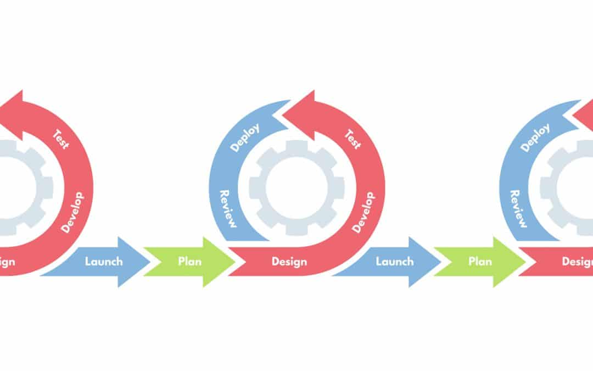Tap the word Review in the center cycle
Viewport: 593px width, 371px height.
[x=228, y=209]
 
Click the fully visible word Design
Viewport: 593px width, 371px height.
[x=289, y=262]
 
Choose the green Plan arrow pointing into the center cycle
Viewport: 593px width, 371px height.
[x=189, y=262]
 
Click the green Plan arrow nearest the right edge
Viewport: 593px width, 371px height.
[x=480, y=262]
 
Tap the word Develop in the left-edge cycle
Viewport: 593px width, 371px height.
[x=72, y=212]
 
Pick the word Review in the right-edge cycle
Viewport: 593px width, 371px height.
[x=519, y=209]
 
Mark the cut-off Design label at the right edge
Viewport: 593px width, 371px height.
[x=577, y=262]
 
